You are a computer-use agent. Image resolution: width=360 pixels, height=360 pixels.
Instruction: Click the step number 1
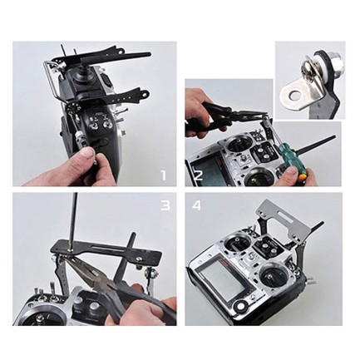click(164, 175)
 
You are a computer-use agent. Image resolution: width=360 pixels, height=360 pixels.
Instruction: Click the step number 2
click(200, 175)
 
